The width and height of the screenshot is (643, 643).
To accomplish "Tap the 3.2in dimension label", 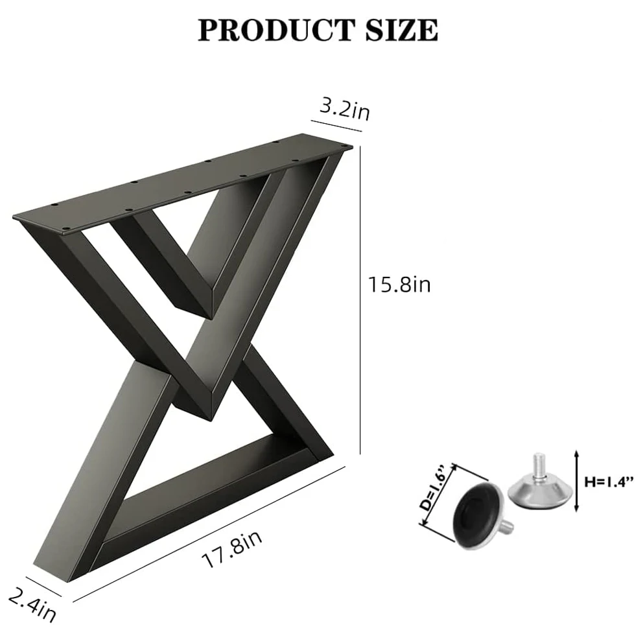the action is click(345, 110).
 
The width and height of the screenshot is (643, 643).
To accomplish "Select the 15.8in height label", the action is click(400, 285).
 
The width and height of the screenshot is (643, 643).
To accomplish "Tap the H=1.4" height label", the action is click(609, 482).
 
